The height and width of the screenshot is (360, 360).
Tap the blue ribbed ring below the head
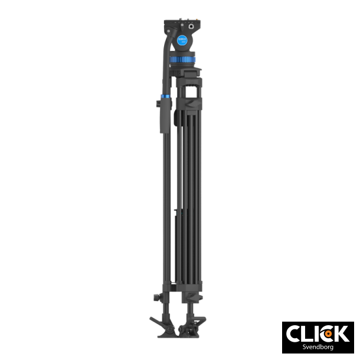[x=184, y=60]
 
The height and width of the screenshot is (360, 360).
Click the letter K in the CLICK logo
[x=341, y=333]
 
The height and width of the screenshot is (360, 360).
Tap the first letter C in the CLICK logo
[x=293, y=333]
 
